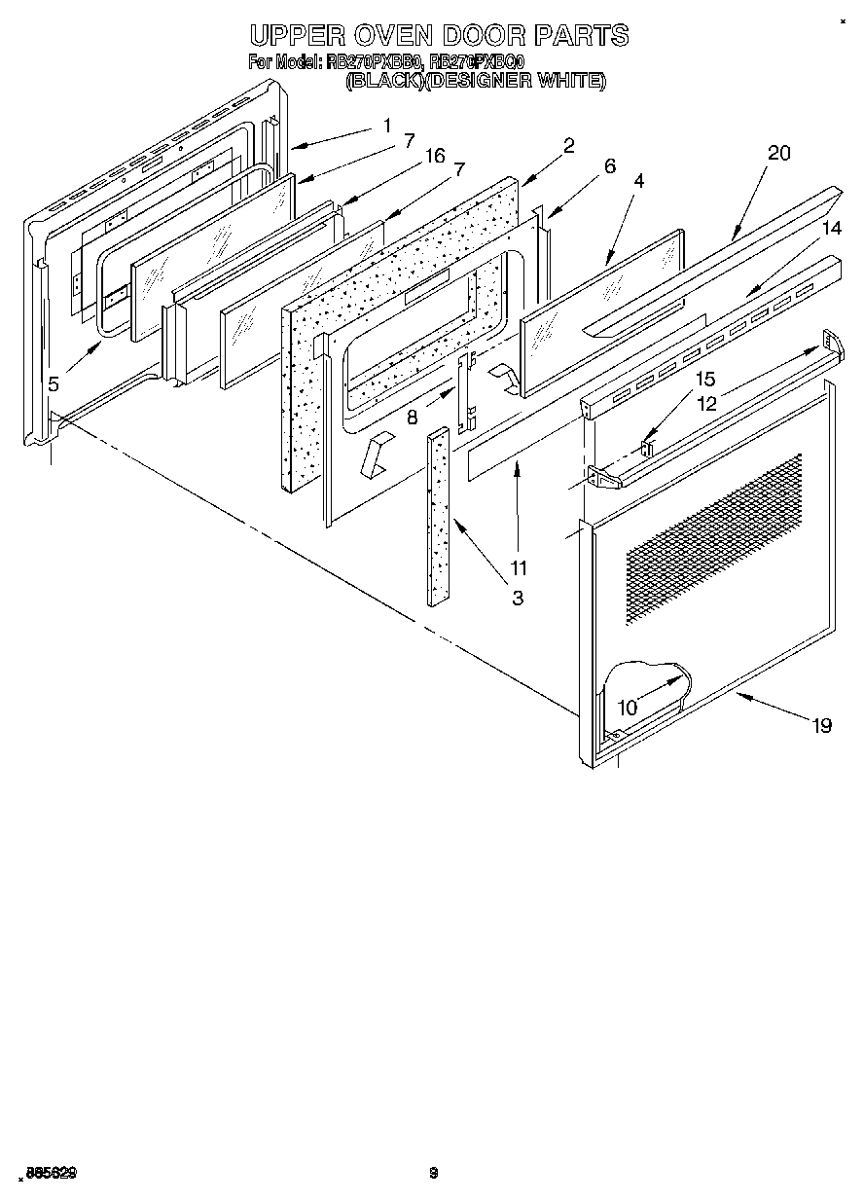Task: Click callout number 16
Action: [x=435, y=156]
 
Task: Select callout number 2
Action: [x=568, y=145]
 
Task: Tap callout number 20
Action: [x=778, y=153]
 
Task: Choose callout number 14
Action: [x=830, y=229]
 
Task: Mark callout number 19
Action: [x=822, y=724]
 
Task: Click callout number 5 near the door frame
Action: [x=54, y=383]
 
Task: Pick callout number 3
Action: [x=517, y=599]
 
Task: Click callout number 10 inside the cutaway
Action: [x=628, y=708]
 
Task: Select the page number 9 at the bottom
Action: [x=434, y=1173]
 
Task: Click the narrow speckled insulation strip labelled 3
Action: [x=438, y=516]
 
